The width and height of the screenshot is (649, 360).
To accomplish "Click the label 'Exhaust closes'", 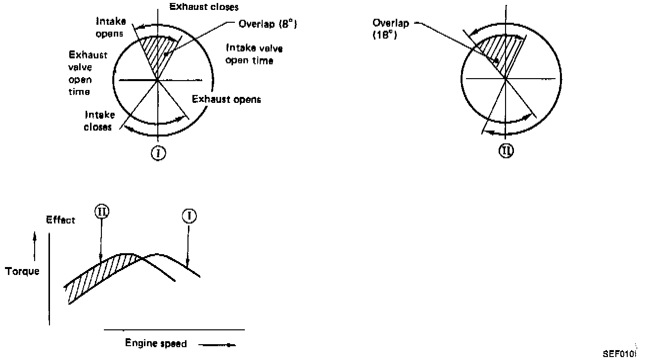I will [204, 7].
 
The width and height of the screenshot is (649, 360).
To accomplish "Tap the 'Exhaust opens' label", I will [226, 99].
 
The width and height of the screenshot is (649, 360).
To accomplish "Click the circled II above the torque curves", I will [101, 212].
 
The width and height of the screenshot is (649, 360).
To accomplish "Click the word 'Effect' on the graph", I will [60, 220].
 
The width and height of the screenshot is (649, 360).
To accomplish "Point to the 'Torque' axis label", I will [22, 271].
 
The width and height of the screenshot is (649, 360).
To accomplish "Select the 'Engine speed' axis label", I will [156, 343].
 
